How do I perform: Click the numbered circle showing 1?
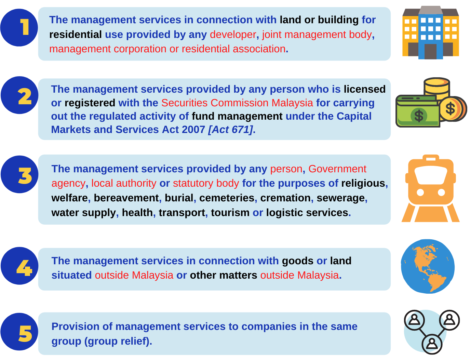tap(19, 27)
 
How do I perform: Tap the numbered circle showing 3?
tap(19, 174)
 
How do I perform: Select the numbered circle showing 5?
tap(19, 332)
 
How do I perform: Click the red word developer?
tap(233, 35)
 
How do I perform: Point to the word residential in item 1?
tap(76, 35)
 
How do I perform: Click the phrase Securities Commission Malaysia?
tap(237, 103)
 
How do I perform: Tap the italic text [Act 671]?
tap(231, 130)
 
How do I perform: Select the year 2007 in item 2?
tap(193, 130)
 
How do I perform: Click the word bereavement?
tap(126, 198)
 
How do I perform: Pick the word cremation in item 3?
tap(285, 198)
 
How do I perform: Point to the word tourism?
tap(230, 213)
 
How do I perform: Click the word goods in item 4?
tap(298, 261)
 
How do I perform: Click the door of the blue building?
tap(430, 52)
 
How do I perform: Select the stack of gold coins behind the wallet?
tap(437, 89)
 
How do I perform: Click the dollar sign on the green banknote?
tap(419, 116)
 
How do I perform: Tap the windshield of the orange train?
tap(431, 175)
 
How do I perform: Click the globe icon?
tap(428, 266)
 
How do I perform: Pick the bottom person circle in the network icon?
tap(432, 344)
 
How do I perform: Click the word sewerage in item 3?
tap(341, 198)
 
